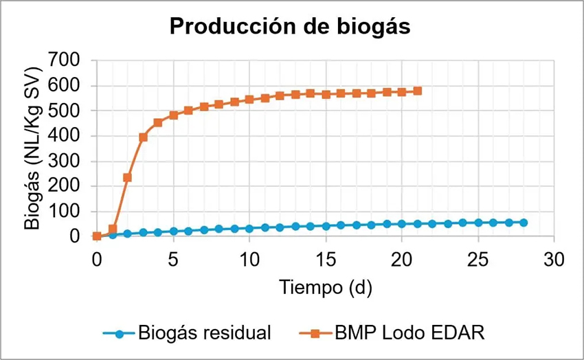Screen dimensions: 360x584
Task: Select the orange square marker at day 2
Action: click(127, 177)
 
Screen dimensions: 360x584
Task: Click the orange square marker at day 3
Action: click(143, 137)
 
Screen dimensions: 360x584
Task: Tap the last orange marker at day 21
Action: click(417, 91)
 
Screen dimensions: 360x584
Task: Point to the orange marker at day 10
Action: click(249, 99)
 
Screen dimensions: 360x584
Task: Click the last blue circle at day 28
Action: click(524, 223)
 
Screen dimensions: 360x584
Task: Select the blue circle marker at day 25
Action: click(478, 223)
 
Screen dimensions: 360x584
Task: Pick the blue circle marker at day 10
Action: click(249, 228)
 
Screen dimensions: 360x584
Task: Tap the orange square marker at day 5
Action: click(173, 115)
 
